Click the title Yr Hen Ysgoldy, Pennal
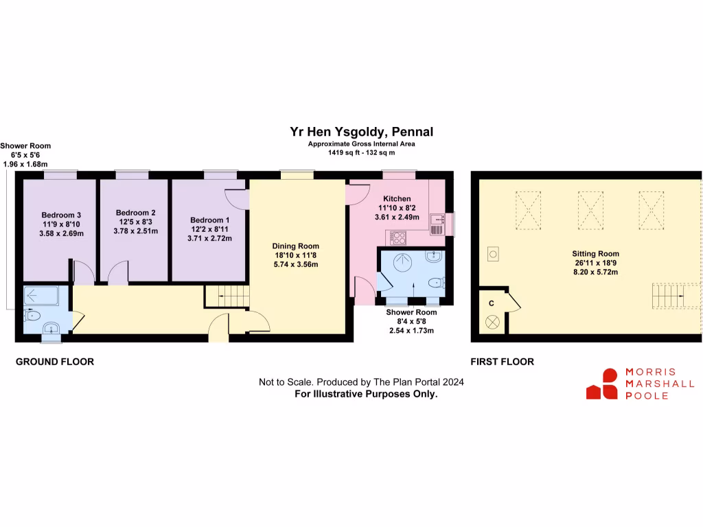[x=361, y=132]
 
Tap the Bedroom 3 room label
[x=60, y=215]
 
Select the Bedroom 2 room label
[x=135, y=213]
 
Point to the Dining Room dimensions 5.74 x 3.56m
[x=295, y=264]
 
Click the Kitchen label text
[x=397, y=199]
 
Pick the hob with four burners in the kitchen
[x=398, y=238]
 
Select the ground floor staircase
[x=227, y=296]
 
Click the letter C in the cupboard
[x=491, y=303]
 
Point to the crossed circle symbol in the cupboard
[x=492, y=322]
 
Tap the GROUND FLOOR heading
[x=55, y=362]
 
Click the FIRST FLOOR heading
[x=502, y=362]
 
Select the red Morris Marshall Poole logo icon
[x=602, y=384]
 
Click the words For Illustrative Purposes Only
[x=366, y=394]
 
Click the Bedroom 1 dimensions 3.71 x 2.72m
[x=211, y=239]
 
